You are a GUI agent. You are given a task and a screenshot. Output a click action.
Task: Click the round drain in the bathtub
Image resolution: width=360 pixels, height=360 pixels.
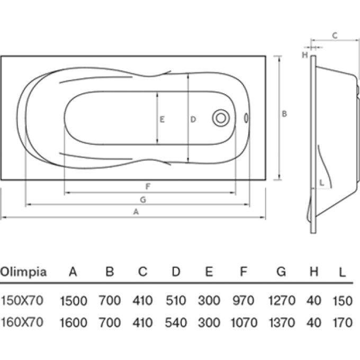220,118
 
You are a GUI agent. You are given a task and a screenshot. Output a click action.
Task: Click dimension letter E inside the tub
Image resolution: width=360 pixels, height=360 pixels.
162,120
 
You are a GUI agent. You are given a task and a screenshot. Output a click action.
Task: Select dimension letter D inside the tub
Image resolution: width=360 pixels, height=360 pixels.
193,120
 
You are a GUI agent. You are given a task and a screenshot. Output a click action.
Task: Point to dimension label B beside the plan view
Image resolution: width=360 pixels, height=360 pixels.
284,114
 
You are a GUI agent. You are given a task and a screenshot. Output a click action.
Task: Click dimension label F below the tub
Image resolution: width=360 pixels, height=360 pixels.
148,186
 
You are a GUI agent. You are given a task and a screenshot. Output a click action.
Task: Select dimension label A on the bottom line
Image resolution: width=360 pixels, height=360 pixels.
136,212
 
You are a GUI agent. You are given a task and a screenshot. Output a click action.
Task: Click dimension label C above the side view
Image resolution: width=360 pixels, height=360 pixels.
335,35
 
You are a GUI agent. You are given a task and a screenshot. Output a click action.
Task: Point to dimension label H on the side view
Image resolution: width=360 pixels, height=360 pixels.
305,54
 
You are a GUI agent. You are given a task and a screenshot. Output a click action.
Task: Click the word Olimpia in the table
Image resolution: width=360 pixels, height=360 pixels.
23,272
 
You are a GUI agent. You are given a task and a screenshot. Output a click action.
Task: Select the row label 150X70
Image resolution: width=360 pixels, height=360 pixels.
22,300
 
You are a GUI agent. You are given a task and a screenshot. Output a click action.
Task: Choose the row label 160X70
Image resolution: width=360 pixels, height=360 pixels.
22,321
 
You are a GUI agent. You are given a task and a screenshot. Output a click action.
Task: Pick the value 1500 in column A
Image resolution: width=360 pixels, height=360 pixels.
73,301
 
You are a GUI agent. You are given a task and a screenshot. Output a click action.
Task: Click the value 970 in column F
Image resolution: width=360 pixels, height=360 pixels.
243,301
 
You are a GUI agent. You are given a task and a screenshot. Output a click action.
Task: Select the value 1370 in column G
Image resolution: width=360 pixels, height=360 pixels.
281,322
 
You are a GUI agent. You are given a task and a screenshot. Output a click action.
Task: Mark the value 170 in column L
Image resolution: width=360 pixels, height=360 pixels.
343,322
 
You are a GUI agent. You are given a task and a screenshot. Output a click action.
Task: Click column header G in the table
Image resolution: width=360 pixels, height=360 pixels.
281,272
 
